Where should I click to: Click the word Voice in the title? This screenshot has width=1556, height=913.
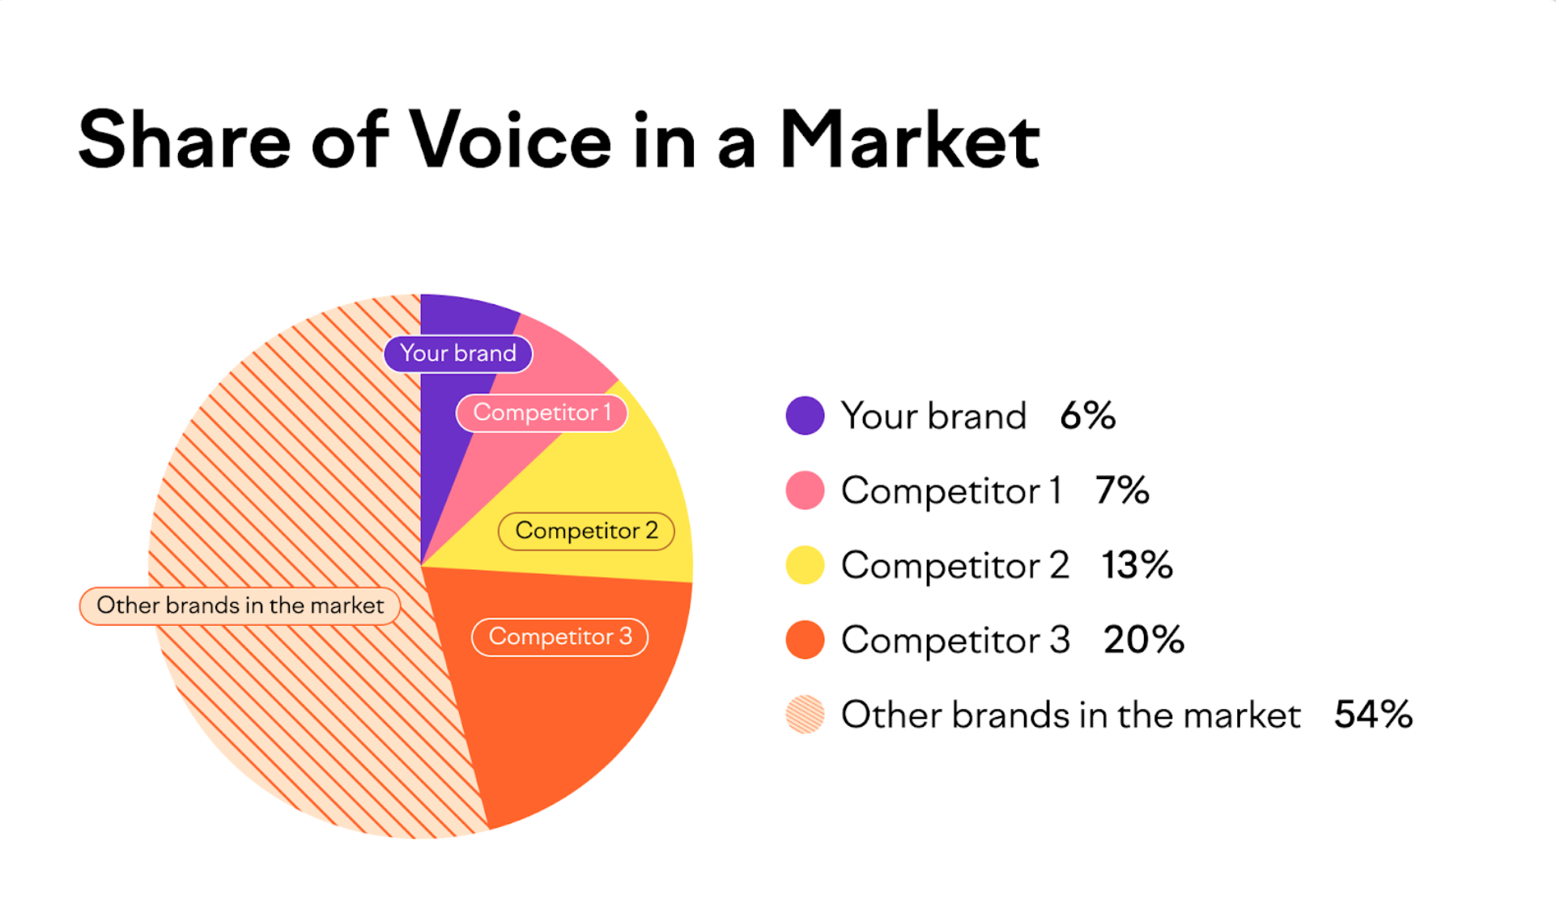(510, 140)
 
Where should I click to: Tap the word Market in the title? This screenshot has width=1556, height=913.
(909, 140)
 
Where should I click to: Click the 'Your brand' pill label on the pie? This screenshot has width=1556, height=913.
(458, 354)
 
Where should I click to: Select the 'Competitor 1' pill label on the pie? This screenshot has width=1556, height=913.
(542, 413)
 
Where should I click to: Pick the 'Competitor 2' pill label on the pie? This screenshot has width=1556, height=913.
(586, 531)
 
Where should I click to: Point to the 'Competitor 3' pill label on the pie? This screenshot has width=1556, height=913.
(559, 637)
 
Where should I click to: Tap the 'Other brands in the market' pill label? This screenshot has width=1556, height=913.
(240, 605)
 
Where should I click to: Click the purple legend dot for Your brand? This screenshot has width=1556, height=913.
(805, 416)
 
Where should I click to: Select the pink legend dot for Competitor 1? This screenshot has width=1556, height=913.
(805, 490)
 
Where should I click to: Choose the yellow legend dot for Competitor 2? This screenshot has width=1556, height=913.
(805, 565)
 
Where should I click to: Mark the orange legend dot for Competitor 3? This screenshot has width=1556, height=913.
(805, 639)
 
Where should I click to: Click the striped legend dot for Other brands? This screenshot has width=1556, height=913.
(805, 715)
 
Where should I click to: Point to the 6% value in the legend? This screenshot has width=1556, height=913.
(1087, 416)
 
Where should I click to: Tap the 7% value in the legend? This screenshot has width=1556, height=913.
(1122, 490)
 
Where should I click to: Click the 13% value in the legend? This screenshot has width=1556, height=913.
(1137, 565)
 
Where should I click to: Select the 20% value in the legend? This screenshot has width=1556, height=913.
(1144, 639)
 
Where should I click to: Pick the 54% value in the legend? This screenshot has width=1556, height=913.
(1373, 715)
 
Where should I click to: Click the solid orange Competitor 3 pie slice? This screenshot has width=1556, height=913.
(567, 712)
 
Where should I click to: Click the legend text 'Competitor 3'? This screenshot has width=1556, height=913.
(955, 640)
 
